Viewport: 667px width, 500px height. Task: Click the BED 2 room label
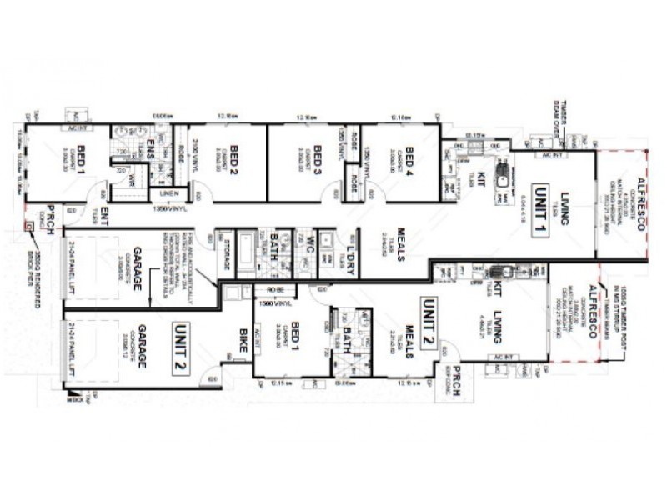click(x=235, y=156)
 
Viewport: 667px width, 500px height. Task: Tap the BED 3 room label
click(x=317, y=156)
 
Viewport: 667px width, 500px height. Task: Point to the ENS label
click(x=151, y=150)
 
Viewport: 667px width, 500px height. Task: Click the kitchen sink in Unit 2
click(x=503, y=272)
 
